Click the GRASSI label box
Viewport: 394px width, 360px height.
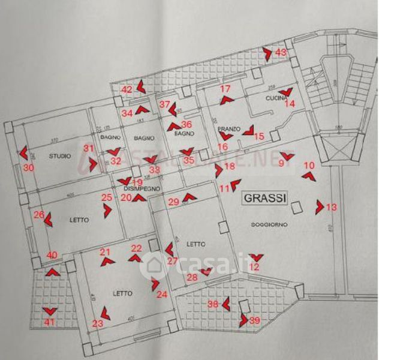[x=264, y=197]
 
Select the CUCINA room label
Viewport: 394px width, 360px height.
[x=276, y=97]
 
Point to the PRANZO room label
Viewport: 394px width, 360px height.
[x=229, y=129]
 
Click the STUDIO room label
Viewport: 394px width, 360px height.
[x=61, y=157]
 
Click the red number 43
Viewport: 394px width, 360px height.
[x=281, y=52]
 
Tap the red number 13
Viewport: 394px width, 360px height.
[x=332, y=207]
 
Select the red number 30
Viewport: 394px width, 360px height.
[x=29, y=169]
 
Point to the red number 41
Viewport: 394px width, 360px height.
[x=49, y=322]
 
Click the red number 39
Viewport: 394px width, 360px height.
[x=254, y=320]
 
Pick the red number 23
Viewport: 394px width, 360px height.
[x=98, y=323]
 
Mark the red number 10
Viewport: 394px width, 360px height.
[x=309, y=165]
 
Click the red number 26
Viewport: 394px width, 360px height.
[x=39, y=214]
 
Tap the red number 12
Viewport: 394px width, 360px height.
[x=255, y=267]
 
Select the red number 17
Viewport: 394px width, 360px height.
[x=225, y=89]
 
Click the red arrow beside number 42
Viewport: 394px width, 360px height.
[x=140, y=86]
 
